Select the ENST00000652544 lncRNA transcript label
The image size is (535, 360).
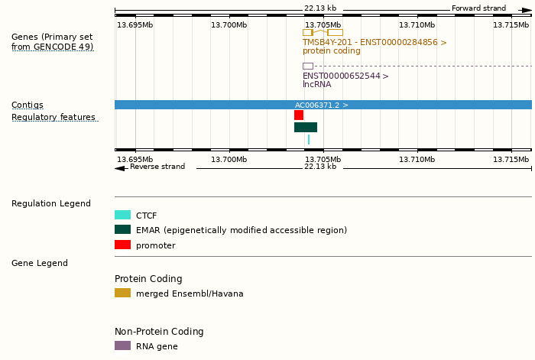(x=345, y=76)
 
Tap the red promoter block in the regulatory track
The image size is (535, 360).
(x=299, y=115)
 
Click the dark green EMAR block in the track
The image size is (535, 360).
(x=306, y=127)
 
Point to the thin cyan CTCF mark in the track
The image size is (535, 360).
(x=309, y=139)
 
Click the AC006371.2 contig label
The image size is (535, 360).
(x=322, y=105)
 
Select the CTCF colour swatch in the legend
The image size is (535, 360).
(x=122, y=216)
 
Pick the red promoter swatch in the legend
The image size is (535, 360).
(x=122, y=245)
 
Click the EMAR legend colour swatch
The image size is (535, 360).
(x=122, y=229)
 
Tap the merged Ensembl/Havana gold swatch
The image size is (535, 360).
(x=122, y=293)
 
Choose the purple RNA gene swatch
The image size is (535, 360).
(x=122, y=345)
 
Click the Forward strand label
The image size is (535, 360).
(x=478, y=8)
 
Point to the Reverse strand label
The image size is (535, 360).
(x=157, y=167)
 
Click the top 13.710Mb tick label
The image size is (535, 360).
(x=417, y=25)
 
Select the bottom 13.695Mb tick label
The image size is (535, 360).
(x=135, y=159)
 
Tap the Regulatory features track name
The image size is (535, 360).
(x=53, y=118)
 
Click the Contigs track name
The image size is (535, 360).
(x=28, y=105)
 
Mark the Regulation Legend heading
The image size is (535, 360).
(x=51, y=203)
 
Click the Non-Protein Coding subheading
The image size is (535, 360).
(x=159, y=332)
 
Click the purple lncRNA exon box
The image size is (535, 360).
(x=308, y=66)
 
